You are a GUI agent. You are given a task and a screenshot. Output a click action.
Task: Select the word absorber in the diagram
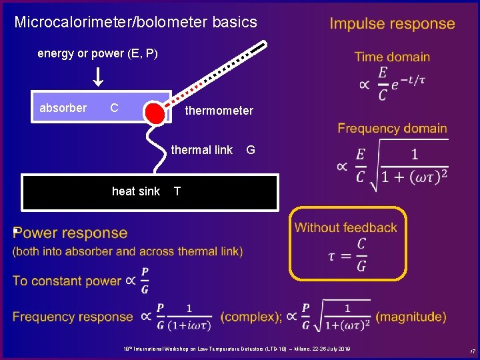click(63, 108)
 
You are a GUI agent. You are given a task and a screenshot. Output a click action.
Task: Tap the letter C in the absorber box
click(114, 108)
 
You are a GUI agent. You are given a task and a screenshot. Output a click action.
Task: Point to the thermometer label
click(219, 111)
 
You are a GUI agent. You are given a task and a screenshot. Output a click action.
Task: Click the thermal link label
click(201, 150)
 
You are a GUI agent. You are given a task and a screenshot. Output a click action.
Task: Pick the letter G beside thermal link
click(250, 150)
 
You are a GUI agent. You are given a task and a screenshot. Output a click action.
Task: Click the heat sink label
click(136, 191)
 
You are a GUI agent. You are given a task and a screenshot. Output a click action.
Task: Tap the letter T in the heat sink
click(177, 191)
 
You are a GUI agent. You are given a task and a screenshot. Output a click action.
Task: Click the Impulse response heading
click(392, 24)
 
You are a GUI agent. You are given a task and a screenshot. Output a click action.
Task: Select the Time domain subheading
click(392, 57)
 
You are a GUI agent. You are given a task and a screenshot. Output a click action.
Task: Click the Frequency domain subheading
click(392, 128)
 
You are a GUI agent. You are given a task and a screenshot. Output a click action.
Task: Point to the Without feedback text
click(345, 227)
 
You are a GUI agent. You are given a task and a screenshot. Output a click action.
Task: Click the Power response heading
click(70, 233)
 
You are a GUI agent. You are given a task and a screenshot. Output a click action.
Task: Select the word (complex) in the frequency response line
click(250, 317)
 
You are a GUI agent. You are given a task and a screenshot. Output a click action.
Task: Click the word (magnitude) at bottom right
click(411, 317)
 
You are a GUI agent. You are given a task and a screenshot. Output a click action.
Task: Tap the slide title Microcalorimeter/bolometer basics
click(135, 22)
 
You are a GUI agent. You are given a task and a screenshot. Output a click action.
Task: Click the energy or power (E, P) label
click(97, 53)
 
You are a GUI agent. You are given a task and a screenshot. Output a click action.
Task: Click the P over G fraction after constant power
click(145, 281)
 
